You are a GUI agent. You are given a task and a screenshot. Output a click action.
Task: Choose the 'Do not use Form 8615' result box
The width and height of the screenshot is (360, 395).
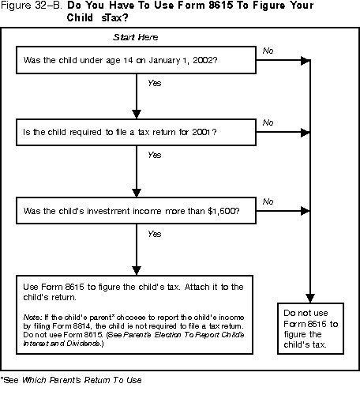pyautogui.click(x=312, y=329)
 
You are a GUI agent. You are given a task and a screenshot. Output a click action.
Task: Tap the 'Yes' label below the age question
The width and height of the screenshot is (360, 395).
pyautogui.click(x=154, y=81)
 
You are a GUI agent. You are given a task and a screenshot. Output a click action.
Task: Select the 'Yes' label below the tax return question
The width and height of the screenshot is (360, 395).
pyautogui.click(x=154, y=156)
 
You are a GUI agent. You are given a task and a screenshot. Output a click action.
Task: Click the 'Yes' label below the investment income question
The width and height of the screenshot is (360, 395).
pyautogui.click(x=154, y=233)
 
